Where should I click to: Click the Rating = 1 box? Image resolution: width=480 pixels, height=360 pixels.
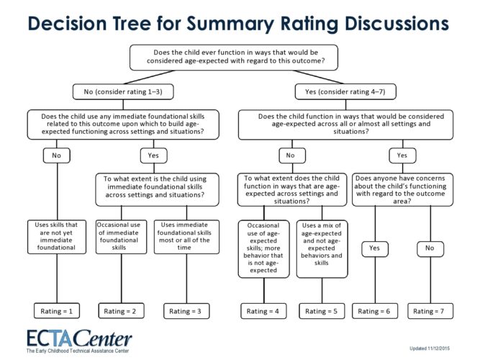[56, 311]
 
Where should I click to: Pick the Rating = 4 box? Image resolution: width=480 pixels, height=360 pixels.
[263, 311]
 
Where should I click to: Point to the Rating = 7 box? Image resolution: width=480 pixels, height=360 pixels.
[430, 311]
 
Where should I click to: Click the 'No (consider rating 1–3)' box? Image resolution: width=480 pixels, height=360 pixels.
[124, 91]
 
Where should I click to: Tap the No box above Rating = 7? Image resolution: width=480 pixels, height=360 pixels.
[430, 249]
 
